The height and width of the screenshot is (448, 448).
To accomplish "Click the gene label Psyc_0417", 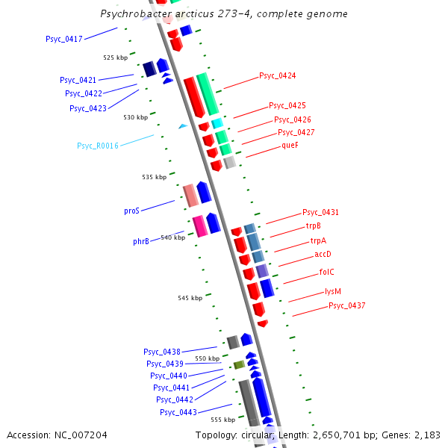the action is point(63,39).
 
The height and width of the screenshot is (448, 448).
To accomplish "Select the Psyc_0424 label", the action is point(277,75).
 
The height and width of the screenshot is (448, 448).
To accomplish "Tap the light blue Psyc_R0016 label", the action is point(97,146).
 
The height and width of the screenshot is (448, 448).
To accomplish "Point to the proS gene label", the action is point(131,211).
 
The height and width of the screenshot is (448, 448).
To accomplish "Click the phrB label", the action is point(140,241).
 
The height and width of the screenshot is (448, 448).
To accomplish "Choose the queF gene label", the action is point(290,146).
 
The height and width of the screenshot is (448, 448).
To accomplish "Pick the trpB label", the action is point(313,225).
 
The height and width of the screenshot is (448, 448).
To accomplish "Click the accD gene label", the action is point(323,255).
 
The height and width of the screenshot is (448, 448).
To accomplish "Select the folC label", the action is point(326,272).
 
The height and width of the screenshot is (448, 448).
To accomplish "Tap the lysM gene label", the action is point(332,292).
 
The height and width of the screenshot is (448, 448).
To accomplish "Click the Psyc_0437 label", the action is point(346,305).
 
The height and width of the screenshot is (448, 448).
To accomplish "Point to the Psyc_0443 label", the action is point(178,412).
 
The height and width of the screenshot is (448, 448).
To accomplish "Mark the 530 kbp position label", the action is point(135,117).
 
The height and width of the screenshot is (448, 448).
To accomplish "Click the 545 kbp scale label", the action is point(190,298).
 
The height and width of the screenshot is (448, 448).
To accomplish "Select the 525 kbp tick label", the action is point(115,57).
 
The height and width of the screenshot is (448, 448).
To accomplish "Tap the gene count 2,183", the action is point(426,435).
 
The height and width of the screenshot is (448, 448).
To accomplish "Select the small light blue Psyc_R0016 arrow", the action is point(182,126).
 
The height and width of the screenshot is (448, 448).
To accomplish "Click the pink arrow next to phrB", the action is point(199,225).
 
